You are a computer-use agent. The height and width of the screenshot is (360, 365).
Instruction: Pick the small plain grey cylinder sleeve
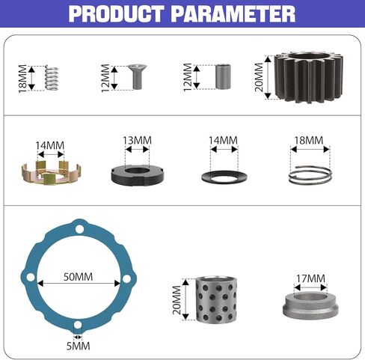[223, 76]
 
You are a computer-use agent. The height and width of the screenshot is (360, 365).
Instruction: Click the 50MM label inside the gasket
[78, 277]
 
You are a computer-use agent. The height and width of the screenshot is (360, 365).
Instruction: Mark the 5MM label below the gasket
[78, 346]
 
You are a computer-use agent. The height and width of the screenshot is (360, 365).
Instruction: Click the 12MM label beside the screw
[105, 76]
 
